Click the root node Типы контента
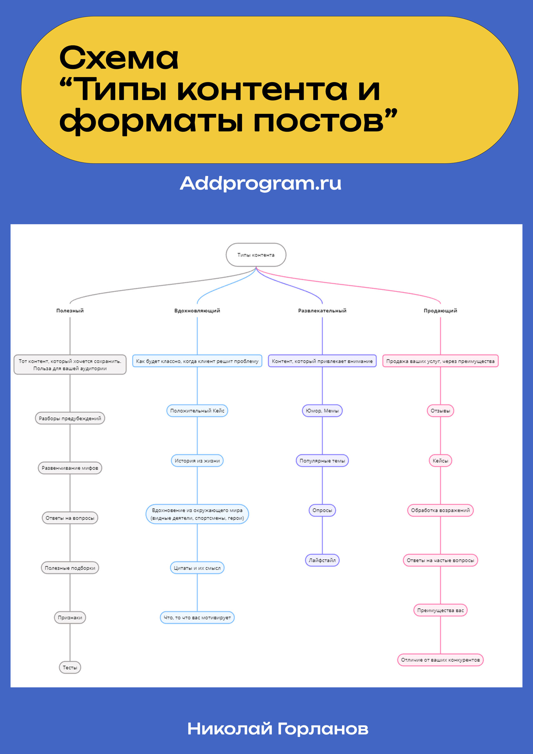(x=256, y=255)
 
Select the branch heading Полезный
(x=70, y=311)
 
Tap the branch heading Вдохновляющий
(x=197, y=311)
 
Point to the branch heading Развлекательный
(x=322, y=311)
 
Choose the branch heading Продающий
(x=440, y=311)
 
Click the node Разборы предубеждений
(x=70, y=418)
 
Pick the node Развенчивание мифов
(x=70, y=468)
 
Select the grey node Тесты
(x=70, y=668)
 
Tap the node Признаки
(x=70, y=618)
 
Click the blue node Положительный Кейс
(x=197, y=411)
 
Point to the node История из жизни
(x=197, y=461)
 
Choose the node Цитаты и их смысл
(x=197, y=568)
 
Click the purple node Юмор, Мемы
(x=322, y=411)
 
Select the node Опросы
(x=322, y=510)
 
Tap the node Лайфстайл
(x=322, y=560)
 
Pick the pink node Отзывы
(x=440, y=411)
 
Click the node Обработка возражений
(x=440, y=510)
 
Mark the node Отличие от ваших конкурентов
(x=440, y=660)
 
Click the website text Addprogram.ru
(x=260, y=183)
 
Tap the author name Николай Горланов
(x=278, y=729)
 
